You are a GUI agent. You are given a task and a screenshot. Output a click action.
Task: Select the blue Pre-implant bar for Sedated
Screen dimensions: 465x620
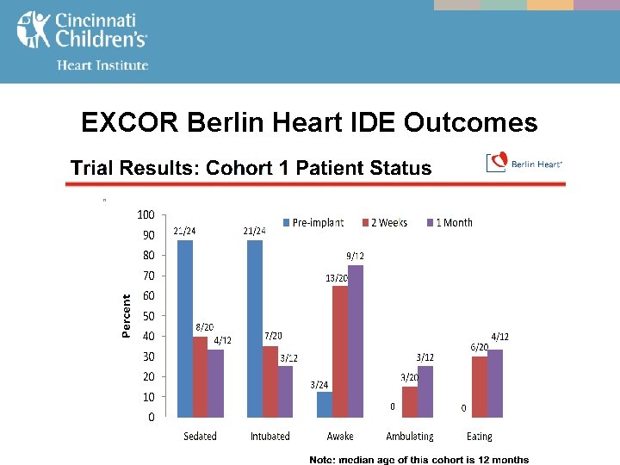tap(184, 328)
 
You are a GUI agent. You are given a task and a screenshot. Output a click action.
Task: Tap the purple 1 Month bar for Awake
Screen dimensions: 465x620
tap(356, 341)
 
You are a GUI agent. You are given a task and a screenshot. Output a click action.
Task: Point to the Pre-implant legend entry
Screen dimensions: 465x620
tap(311, 222)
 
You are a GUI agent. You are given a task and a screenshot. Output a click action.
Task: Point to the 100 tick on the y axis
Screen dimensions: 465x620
tap(146, 214)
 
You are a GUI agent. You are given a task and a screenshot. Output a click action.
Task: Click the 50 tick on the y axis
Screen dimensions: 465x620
tap(149, 316)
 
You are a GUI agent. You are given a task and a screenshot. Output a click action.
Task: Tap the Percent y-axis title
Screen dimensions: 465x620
tap(127, 316)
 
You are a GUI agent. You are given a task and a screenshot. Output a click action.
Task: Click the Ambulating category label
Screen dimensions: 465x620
tap(410, 437)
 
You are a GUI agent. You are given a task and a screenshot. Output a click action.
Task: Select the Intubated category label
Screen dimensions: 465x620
tap(270, 437)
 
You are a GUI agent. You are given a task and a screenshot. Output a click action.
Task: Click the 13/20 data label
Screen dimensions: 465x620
tap(336, 277)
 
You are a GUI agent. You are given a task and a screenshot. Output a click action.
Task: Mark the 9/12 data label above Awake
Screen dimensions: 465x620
tap(355, 256)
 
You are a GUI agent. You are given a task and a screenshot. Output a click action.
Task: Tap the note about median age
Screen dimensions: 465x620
tap(419, 459)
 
